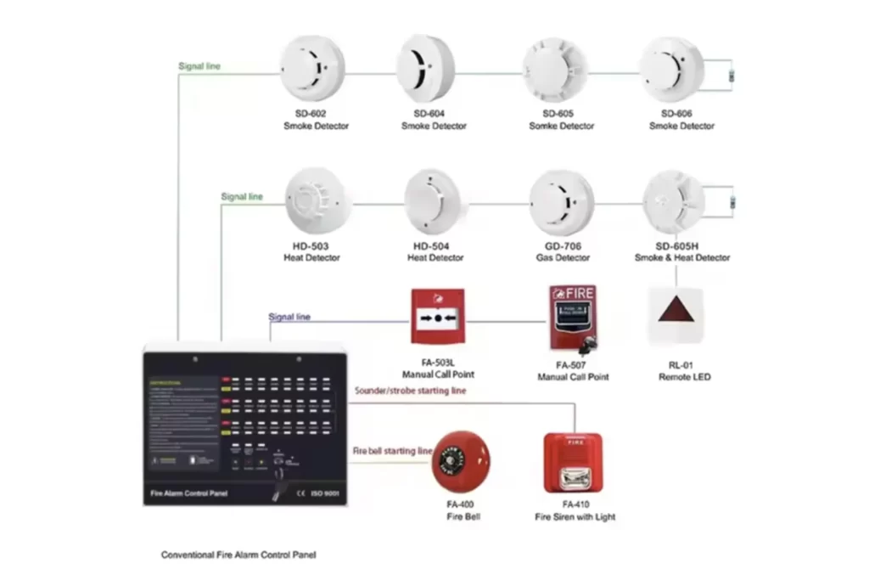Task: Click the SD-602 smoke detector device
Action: (312, 68)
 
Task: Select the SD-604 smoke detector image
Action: (426, 68)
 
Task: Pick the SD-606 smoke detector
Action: (671, 68)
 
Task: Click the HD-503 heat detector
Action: (312, 201)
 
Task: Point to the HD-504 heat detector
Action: (436, 201)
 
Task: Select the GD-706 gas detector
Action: (562, 202)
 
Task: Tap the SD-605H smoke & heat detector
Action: (675, 201)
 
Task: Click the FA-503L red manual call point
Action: (438, 317)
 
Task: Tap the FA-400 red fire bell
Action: (460, 462)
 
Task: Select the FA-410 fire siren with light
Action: (574, 463)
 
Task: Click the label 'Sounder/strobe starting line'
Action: (409, 390)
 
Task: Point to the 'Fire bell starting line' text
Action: (393, 451)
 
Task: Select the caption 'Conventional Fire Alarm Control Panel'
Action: (239, 555)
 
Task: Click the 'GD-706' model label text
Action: (562, 246)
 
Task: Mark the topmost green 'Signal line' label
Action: (199, 65)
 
